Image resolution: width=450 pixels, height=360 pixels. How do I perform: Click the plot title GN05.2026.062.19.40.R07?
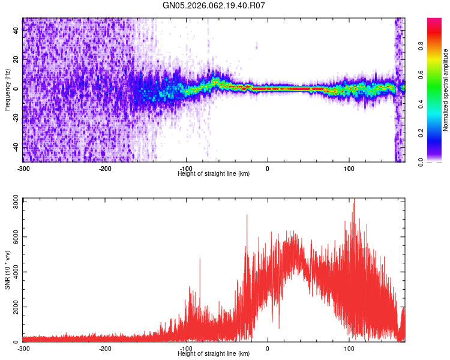214,6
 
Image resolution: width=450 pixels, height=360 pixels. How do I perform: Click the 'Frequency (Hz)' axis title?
7,90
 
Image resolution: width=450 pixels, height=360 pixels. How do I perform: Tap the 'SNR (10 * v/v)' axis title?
7,270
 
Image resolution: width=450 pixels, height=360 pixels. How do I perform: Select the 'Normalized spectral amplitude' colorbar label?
445,90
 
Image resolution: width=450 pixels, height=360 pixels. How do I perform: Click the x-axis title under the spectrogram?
214,173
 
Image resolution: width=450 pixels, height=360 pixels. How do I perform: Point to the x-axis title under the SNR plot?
214,353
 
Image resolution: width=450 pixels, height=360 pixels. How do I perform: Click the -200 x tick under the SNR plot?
105,348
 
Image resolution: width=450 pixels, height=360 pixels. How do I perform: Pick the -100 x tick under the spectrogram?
187,168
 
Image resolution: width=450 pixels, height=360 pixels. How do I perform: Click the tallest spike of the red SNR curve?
354,199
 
